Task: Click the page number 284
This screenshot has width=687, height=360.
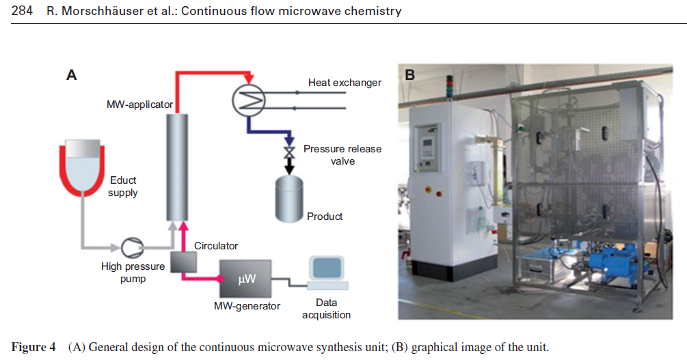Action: tap(23, 11)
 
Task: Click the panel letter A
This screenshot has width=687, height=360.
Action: tap(71, 75)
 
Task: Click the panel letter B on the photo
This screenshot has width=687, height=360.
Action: tap(409, 74)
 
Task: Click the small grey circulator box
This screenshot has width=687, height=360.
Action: tap(183, 262)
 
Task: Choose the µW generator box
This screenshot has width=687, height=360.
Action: tap(245, 278)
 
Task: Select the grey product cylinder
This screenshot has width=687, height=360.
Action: tap(290, 198)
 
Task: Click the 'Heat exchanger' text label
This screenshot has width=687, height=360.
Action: tap(345, 83)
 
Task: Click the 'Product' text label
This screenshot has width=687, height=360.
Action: tap(325, 216)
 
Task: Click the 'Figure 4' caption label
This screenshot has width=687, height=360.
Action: tap(33, 347)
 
